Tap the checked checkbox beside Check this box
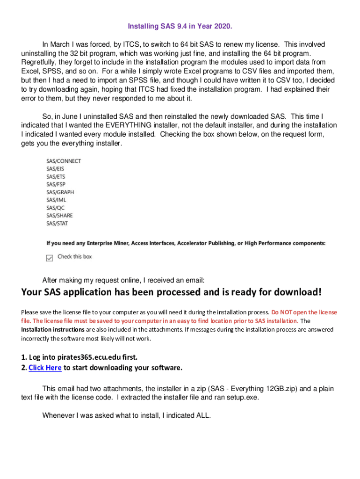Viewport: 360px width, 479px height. (50, 257)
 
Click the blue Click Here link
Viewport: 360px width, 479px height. (45, 368)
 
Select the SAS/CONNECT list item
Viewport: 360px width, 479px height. (63, 161)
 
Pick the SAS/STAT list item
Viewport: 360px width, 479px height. (57, 223)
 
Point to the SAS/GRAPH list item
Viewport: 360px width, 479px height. (60, 192)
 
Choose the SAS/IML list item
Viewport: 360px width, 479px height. (56, 200)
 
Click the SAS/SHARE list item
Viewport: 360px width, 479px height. (59, 216)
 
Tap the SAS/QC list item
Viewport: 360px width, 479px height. (55, 208)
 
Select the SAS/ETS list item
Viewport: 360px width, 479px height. (56, 176)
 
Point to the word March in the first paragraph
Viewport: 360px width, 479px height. (61, 44)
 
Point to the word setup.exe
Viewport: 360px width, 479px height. (243, 397)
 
